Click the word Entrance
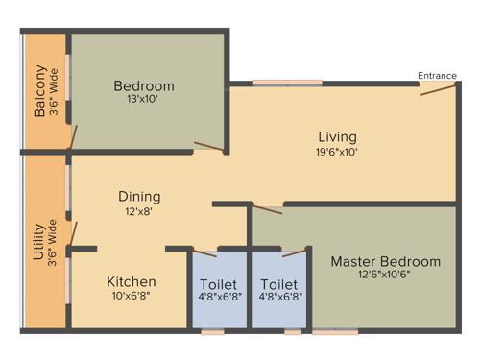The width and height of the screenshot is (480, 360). point(437,76)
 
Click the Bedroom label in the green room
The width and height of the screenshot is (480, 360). point(143,85)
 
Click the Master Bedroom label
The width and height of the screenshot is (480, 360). point(385,261)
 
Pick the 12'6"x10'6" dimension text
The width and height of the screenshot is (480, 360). point(385,276)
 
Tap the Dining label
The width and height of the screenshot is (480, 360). point(139,197)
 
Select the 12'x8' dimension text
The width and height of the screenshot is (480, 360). point(139,211)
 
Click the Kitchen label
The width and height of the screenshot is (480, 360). point(132,281)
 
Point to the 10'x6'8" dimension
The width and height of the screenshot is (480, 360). point(132,296)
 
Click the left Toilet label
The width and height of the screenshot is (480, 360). point(219,284)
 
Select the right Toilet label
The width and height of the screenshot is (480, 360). point(278,284)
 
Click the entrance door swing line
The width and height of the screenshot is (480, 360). point(437,90)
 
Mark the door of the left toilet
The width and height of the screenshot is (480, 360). point(205,255)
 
